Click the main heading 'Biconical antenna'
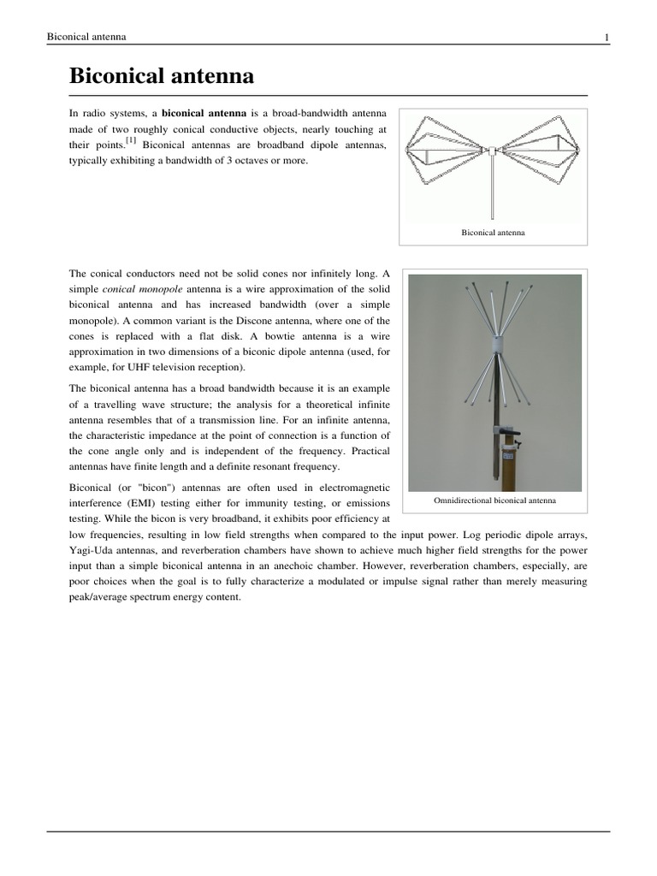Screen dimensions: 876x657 point(161,76)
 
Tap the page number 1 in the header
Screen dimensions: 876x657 point(606,37)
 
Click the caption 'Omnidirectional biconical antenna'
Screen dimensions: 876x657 point(494,500)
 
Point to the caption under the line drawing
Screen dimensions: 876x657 point(494,232)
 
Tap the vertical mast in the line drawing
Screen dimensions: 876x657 point(494,192)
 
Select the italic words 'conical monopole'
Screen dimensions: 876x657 point(137,290)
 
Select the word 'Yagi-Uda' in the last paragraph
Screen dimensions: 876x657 point(89,549)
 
